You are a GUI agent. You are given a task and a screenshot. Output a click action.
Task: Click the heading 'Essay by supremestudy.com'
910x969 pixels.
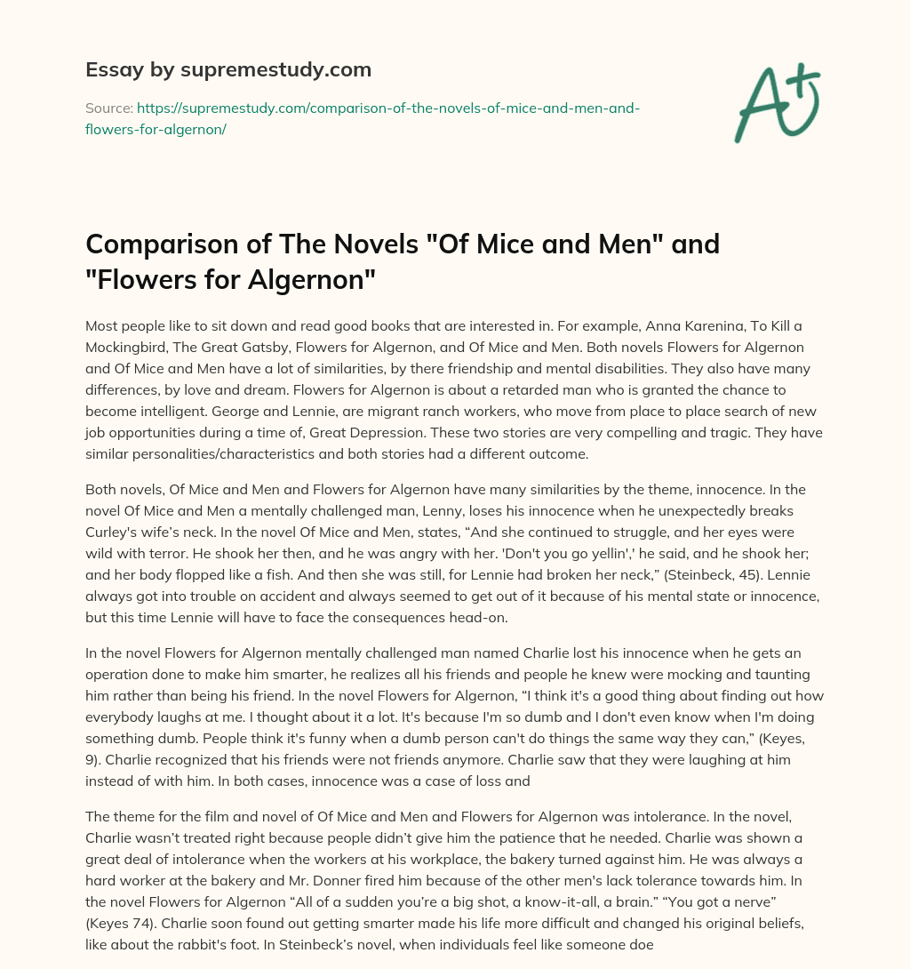click(x=228, y=69)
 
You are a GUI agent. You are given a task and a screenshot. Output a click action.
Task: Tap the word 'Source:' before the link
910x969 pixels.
click(x=108, y=108)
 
